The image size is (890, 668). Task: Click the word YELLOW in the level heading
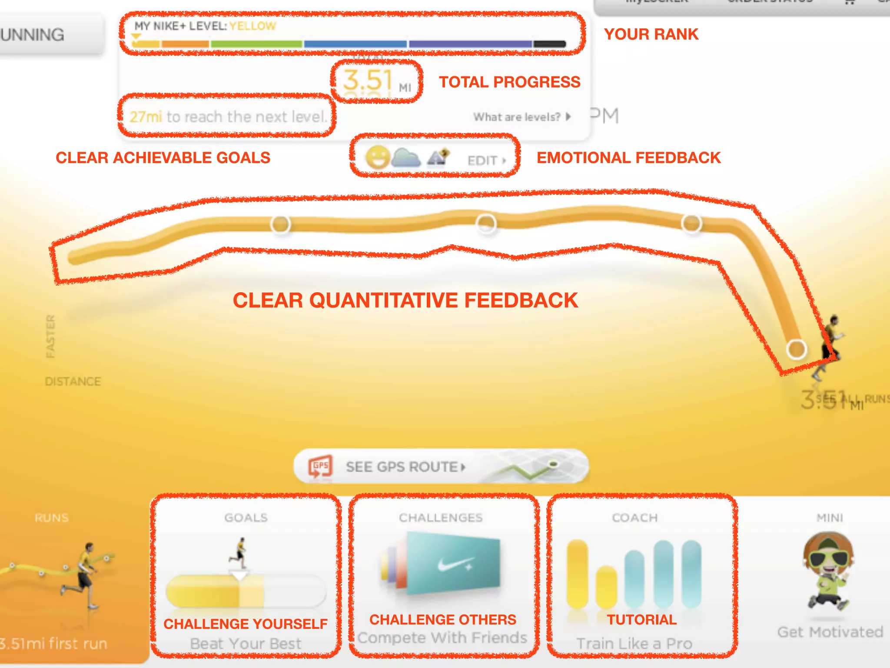[x=252, y=26]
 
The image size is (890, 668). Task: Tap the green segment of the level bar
[x=256, y=44]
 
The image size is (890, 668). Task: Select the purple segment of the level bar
[x=470, y=44]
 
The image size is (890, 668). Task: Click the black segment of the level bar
[x=549, y=44]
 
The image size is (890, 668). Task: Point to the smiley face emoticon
[x=377, y=157]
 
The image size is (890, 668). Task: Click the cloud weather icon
[x=406, y=158]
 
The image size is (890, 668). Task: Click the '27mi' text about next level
[x=146, y=117]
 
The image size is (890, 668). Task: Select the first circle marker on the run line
[x=280, y=224]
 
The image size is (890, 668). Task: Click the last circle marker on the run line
[x=796, y=349]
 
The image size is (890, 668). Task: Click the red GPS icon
[x=320, y=467]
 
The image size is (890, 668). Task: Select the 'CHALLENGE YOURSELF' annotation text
[x=246, y=624]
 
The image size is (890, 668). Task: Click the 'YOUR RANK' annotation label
[x=651, y=34]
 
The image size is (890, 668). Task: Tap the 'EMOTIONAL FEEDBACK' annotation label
[x=628, y=157]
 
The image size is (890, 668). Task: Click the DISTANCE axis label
[x=73, y=381]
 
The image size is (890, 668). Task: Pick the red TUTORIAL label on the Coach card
[x=641, y=619]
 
